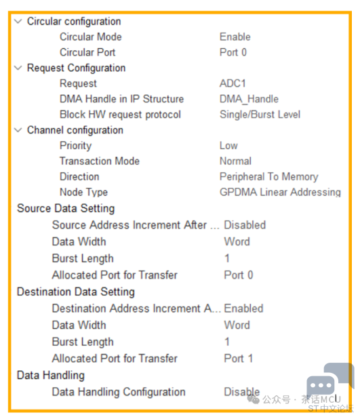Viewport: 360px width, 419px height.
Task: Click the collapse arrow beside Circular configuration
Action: pos(18,22)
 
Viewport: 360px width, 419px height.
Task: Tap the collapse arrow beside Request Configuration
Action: pos(18,68)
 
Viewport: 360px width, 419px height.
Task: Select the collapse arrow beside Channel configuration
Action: pos(18,130)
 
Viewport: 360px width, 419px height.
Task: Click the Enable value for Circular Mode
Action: pos(235,37)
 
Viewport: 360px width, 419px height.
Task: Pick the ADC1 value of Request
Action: pos(233,83)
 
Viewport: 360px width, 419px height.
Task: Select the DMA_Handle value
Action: pos(249,99)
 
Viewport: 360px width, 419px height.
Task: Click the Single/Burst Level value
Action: pos(260,115)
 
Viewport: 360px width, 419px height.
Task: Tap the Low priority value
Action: pos(228,146)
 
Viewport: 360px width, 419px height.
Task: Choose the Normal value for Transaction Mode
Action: pos(235,161)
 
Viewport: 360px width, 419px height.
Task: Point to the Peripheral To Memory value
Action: pos(269,177)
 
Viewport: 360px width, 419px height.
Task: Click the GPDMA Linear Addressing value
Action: pos(280,193)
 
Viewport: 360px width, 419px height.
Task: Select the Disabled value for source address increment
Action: pos(245,225)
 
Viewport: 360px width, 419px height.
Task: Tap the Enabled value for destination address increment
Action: pos(243,308)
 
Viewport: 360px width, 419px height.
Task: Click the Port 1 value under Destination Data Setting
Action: pos(238,359)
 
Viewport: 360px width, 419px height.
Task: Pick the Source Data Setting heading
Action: pos(66,209)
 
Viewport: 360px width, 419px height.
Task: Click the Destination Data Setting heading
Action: pos(76,292)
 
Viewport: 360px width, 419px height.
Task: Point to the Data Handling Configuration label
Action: pos(119,392)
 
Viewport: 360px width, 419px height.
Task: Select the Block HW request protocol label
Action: pos(120,115)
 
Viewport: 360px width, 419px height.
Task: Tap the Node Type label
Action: pos(83,193)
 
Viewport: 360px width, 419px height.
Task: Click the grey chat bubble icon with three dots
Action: pos(321,386)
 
